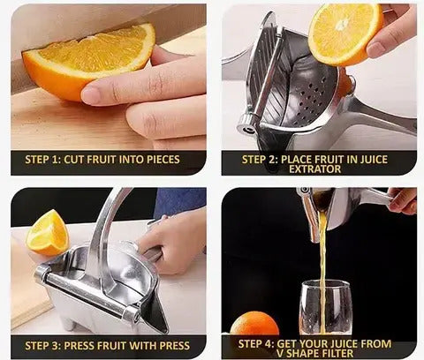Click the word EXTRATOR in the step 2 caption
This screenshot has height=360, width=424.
(x=314, y=169)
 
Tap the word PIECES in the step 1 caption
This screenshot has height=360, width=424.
(x=163, y=160)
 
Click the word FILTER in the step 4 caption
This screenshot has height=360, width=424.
(x=335, y=353)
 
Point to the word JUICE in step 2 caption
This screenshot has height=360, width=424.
(x=374, y=160)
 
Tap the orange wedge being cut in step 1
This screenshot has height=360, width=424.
(x=88, y=60)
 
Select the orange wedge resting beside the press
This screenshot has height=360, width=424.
(x=47, y=233)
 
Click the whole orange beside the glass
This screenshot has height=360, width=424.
(x=254, y=324)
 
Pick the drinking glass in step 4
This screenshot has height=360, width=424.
(x=326, y=307)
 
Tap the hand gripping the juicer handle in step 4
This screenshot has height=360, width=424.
(x=403, y=200)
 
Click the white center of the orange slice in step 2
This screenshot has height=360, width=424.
(x=343, y=25)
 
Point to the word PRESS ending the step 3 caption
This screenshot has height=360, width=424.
(x=175, y=346)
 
